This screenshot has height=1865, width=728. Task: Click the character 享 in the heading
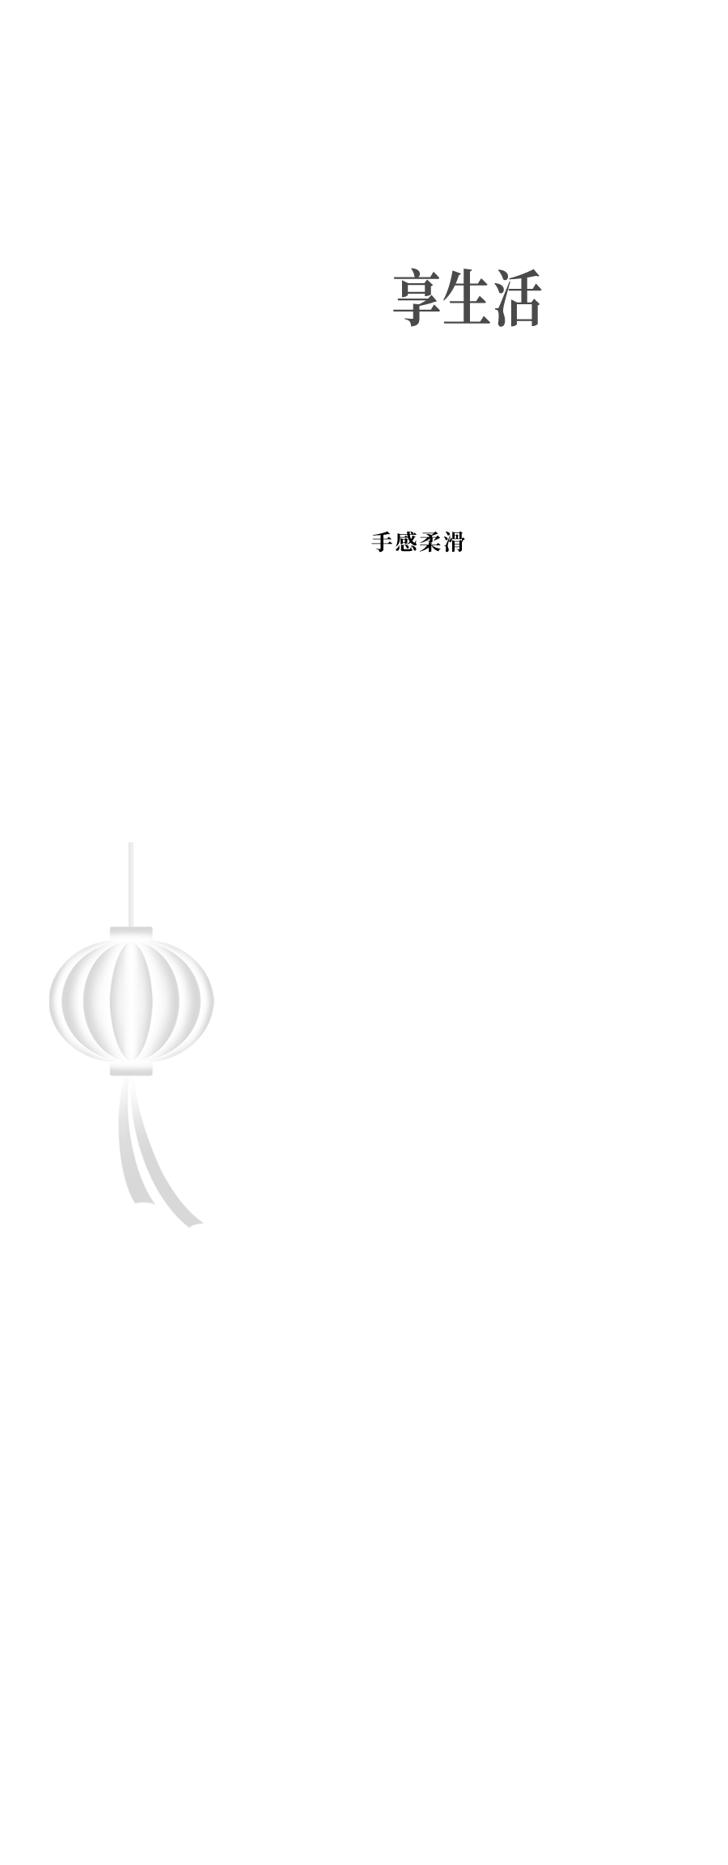point(417,297)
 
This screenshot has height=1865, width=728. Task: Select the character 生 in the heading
point(467,297)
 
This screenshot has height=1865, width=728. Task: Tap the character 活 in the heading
point(516,297)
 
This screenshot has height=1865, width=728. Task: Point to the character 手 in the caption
point(382,542)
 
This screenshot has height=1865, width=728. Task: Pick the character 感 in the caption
point(405,542)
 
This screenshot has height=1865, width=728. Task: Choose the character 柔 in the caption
point(429,542)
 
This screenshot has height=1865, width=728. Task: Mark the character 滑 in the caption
point(452,542)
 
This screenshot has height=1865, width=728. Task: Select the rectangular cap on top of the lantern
point(131,933)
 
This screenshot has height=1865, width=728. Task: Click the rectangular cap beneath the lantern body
point(131,1069)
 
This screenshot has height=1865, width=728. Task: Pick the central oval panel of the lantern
point(131,1001)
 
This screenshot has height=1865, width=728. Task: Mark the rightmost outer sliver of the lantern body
point(205,1001)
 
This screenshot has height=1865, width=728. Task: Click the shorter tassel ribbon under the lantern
point(129,1149)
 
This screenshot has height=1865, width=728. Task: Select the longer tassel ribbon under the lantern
point(158,1165)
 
